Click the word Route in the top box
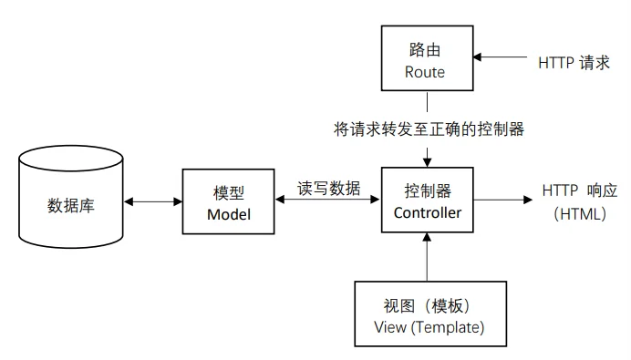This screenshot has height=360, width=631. (x=425, y=72)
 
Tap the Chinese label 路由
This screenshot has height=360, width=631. (x=425, y=50)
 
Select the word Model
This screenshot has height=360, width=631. (x=229, y=214)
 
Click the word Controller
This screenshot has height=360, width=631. (x=428, y=212)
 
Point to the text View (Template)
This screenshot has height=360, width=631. (x=429, y=327)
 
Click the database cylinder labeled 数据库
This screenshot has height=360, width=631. (x=71, y=197)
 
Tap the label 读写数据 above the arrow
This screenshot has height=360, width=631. (x=329, y=189)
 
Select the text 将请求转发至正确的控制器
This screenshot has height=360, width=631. (x=429, y=129)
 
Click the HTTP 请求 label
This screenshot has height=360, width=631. (x=574, y=63)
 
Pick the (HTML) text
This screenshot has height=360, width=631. (x=580, y=214)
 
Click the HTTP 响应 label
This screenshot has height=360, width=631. (x=580, y=190)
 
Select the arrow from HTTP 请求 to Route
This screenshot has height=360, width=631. (x=501, y=57)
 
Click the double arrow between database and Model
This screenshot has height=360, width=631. (x=153, y=201)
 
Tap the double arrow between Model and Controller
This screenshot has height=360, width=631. (x=327, y=199)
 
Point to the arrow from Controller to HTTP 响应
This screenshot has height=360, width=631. (x=502, y=200)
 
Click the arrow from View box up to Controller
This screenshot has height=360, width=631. (x=427, y=257)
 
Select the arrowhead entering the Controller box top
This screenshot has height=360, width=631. (x=427, y=161)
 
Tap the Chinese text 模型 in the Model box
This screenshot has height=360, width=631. (x=229, y=193)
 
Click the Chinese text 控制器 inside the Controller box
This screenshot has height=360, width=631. (x=428, y=191)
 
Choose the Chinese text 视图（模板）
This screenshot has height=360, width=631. (x=427, y=305)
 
